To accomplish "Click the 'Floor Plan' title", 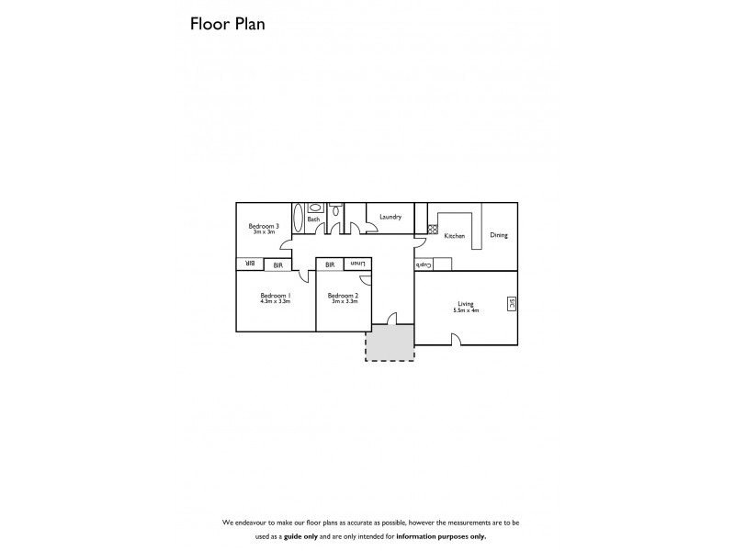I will [227, 25].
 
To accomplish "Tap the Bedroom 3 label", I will [264, 225].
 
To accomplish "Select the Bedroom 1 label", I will [276, 295].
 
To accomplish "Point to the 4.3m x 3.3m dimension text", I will [276, 301].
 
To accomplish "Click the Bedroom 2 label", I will [344, 295].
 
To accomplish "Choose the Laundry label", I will [390, 217].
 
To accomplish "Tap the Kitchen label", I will [455, 236].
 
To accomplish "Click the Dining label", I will [498, 235].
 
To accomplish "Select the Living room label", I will [466, 305].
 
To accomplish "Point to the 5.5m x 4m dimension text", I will [466, 311].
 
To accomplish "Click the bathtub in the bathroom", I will [298, 219].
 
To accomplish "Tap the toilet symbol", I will [336, 211].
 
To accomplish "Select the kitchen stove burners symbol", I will [432, 230].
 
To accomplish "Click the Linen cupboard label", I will [357, 264].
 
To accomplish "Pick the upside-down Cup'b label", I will [424, 264].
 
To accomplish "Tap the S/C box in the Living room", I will [512, 304].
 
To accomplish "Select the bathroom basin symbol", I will [315, 208].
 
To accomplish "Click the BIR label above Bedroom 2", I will [328, 264].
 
